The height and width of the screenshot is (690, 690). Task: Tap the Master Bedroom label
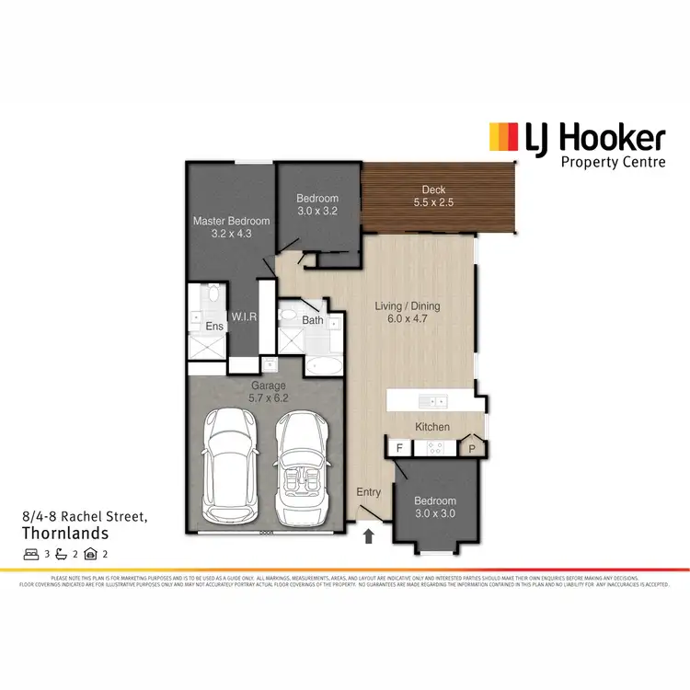(x=231, y=226)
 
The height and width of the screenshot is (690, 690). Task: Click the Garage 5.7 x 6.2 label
(x=269, y=392)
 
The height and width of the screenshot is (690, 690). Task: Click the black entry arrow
(x=369, y=535)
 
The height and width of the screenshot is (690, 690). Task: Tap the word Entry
(x=369, y=492)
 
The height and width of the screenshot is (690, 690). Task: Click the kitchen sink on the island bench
(x=431, y=401)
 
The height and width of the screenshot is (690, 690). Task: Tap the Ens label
(x=214, y=327)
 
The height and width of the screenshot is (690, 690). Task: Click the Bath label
(x=313, y=320)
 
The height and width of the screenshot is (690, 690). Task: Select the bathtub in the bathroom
(x=325, y=366)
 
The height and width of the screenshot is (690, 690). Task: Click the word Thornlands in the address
(x=64, y=533)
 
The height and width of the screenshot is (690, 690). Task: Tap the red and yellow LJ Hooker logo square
(x=501, y=138)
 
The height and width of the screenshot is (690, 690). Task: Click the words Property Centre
(x=613, y=162)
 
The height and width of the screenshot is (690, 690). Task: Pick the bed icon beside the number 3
(x=29, y=554)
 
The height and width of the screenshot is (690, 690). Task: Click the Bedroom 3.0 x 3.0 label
(x=436, y=508)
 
